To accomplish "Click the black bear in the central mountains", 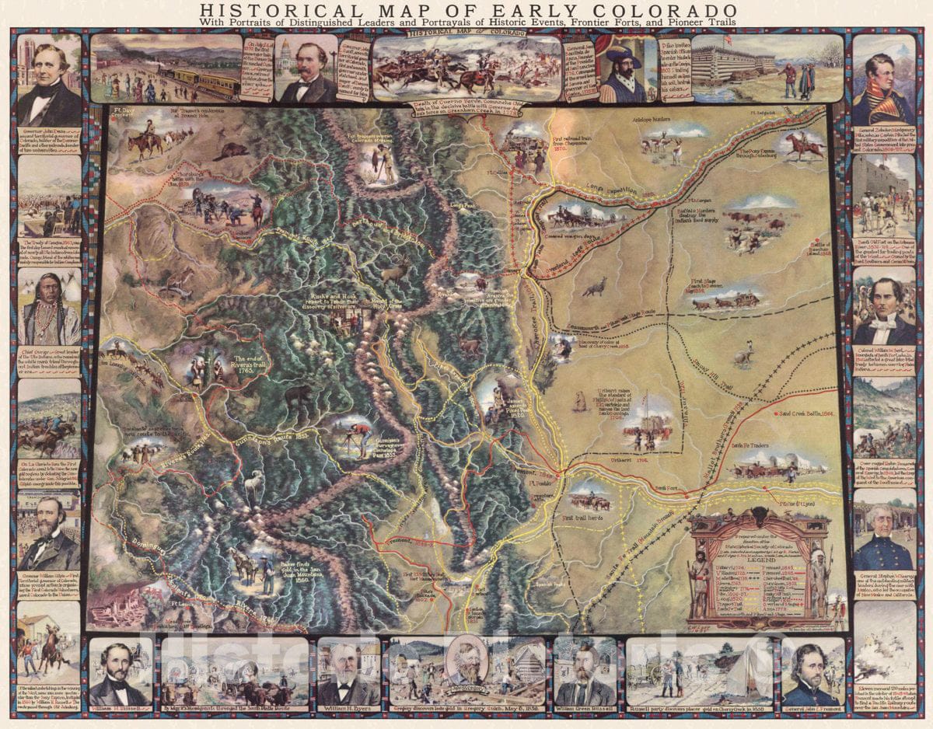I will tap(299, 397).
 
